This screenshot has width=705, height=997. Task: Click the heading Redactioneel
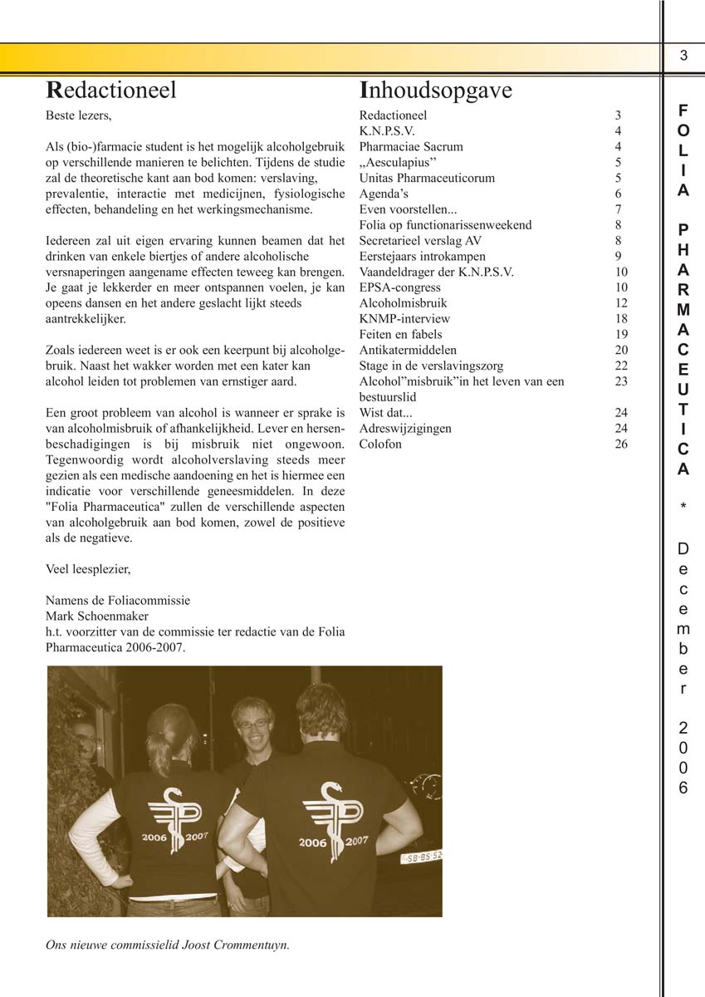click(x=110, y=90)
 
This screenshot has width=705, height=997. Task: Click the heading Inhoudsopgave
click(x=435, y=91)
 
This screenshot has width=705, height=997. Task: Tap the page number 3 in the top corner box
click(x=683, y=56)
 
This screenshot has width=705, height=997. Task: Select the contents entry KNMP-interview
click(x=404, y=318)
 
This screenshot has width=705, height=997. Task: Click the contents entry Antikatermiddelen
click(x=408, y=350)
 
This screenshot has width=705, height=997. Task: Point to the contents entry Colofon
click(x=380, y=444)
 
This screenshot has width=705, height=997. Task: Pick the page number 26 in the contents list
click(x=621, y=444)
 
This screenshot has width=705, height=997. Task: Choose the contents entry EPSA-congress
click(x=399, y=287)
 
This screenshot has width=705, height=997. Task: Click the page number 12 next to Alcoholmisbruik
click(x=621, y=303)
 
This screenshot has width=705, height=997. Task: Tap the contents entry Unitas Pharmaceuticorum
click(x=427, y=178)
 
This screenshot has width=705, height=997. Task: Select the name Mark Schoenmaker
click(x=97, y=616)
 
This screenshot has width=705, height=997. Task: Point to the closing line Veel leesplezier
click(x=88, y=569)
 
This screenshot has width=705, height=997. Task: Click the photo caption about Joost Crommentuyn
click(x=167, y=945)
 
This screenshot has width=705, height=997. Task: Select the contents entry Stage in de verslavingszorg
click(x=431, y=366)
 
